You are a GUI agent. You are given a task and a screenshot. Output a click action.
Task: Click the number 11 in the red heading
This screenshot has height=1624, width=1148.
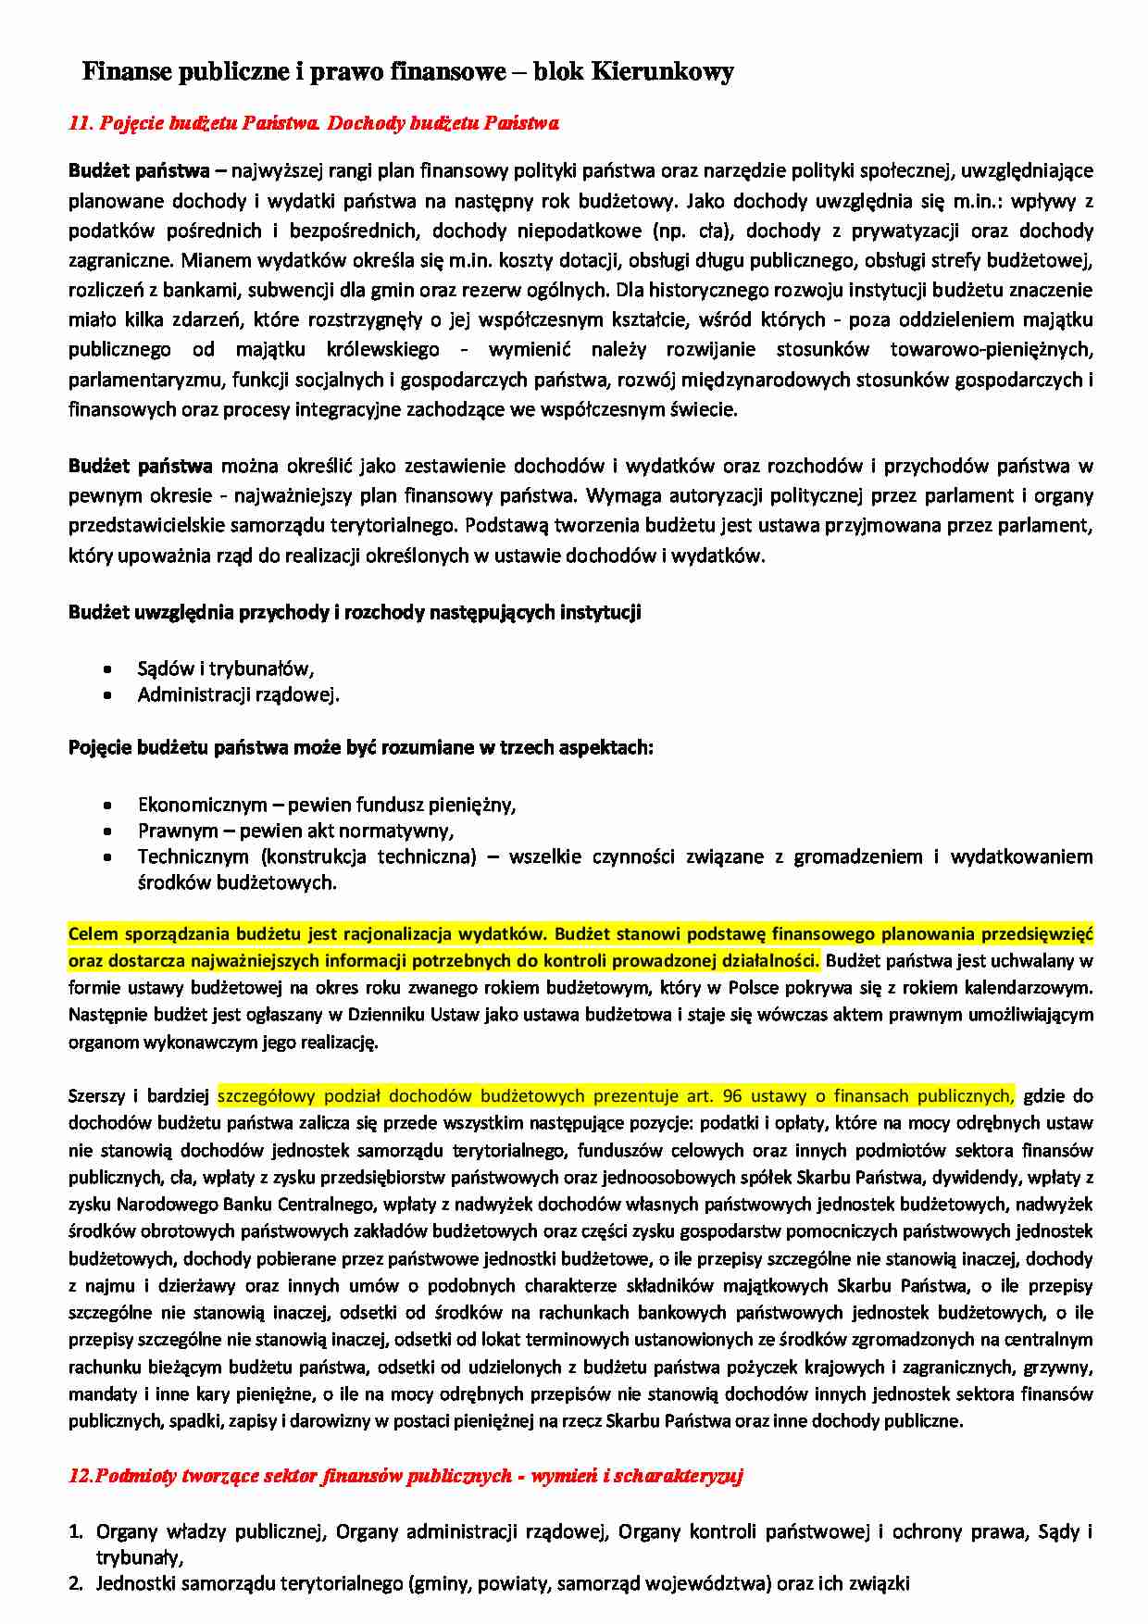80,123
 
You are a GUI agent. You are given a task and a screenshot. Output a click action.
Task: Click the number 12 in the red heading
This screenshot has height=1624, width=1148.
80,1476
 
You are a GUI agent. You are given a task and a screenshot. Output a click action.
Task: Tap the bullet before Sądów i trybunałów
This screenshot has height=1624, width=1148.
108,668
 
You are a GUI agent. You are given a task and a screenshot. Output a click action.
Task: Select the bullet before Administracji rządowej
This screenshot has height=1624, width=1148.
108,694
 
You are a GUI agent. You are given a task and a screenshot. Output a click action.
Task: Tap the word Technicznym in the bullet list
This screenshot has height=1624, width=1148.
193,856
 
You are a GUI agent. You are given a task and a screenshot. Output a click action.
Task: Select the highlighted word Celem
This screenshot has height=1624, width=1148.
93,933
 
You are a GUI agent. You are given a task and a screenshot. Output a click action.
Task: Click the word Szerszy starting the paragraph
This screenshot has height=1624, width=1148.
96,1096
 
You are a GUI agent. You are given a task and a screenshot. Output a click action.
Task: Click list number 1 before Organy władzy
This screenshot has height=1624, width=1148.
76,1532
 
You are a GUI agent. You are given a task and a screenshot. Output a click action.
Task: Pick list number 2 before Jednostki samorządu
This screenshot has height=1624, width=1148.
76,1584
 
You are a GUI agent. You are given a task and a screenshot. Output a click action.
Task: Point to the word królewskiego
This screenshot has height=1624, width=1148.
383,350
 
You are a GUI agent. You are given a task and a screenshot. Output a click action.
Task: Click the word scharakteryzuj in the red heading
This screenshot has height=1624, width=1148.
679,1476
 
